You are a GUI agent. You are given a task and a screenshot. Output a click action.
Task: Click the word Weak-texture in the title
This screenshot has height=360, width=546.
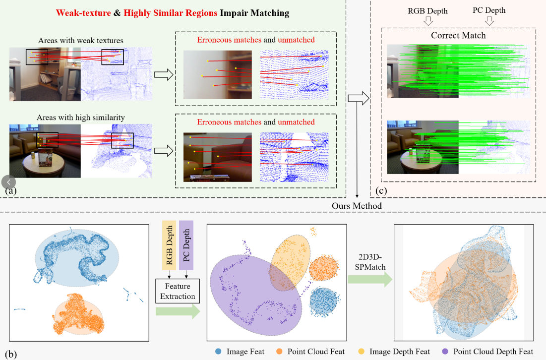(x=83, y=13)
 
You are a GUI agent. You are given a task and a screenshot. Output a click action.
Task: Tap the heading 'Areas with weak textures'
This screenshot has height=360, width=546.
(x=81, y=40)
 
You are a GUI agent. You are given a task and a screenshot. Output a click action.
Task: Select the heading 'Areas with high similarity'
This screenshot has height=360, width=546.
(x=81, y=118)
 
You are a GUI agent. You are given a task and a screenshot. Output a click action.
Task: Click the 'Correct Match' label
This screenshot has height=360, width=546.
(x=458, y=35)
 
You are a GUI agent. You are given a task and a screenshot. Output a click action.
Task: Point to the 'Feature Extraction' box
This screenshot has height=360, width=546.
(x=178, y=291)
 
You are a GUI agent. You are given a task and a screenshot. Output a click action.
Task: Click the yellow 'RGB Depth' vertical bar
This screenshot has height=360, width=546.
(x=169, y=245)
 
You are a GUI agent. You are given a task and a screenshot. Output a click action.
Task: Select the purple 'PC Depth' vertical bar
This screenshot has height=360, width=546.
(x=186, y=245)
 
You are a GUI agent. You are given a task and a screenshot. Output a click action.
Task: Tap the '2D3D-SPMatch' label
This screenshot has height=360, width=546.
(x=370, y=262)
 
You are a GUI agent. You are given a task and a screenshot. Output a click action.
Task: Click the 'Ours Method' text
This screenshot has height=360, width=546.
(x=357, y=206)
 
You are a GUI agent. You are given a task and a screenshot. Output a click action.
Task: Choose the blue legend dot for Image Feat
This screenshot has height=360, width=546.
(x=218, y=351)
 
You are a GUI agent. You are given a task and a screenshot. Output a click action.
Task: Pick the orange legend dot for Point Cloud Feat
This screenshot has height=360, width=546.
(x=279, y=351)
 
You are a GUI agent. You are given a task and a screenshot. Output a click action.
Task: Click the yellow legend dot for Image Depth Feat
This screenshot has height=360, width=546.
(x=362, y=351)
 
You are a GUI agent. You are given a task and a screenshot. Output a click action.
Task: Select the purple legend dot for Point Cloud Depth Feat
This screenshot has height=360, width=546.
(x=445, y=351)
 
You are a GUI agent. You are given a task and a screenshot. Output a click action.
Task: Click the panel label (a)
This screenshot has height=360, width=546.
(x=11, y=190)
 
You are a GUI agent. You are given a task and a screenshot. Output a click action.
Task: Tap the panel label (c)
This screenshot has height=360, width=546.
(x=381, y=190)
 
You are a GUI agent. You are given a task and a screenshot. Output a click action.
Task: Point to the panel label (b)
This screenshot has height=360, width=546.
(x=11, y=354)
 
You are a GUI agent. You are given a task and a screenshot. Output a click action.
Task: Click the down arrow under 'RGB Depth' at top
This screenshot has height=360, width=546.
(x=428, y=21)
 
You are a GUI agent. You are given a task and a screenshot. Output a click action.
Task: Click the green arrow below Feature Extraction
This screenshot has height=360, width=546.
(x=178, y=311)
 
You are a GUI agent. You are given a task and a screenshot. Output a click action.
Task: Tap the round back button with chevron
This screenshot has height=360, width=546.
(x=9, y=182)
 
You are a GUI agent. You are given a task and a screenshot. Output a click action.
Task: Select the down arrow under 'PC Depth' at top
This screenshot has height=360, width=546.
(x=489, y=21)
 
